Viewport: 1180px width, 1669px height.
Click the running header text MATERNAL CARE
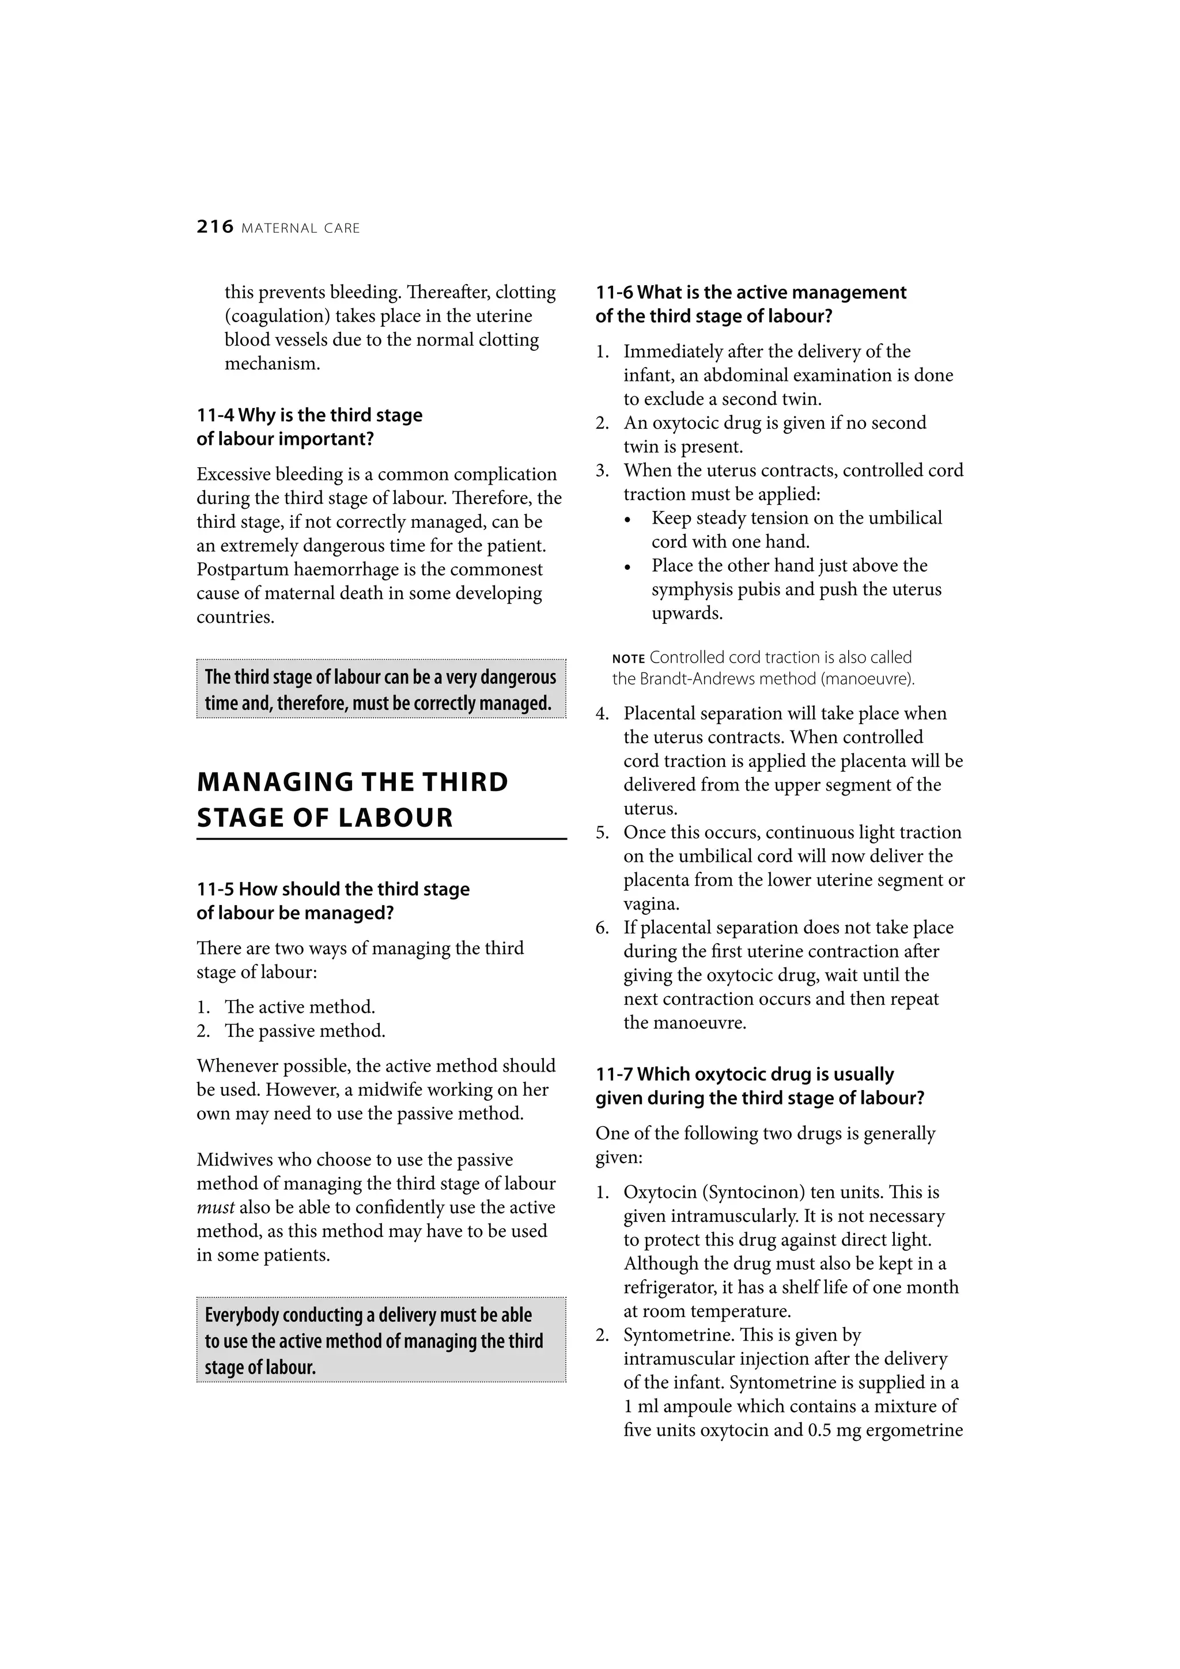pyautogui.click(x=300, y=229)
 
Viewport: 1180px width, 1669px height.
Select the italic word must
pyautogui.click(x=215, y=1208)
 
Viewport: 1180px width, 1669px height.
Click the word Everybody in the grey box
pyautogui.click(x=241, y=1316)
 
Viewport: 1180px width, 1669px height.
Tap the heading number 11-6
pyautogui.click(x=614, y=293)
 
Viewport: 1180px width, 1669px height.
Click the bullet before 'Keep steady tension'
pyautogui.click(x=630, y=520)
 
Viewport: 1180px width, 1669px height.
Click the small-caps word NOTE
pyautogui.click(x=628, y=659)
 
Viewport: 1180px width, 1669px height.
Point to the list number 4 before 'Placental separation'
pyautogui.click(x=602, y=714)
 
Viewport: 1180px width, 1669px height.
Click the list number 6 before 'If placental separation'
pyautogui.click(x=602, y=928)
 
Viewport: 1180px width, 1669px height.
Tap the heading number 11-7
pyautogui.click(x=614, y=1075)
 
